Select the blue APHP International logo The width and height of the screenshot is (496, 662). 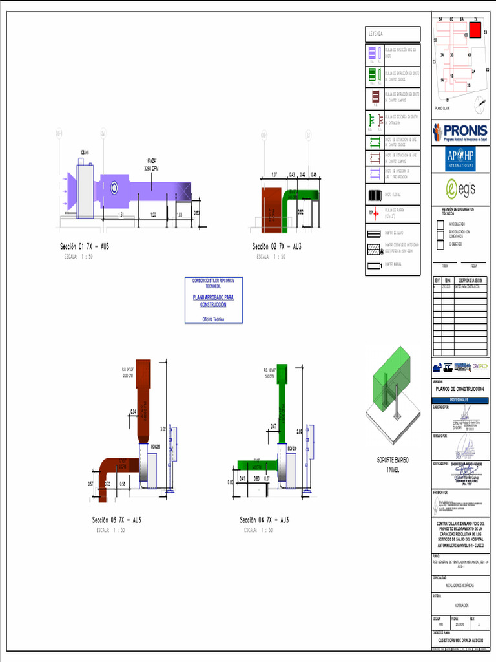click(x=460, y=159)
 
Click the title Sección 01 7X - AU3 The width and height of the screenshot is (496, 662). click(x=85, y=246)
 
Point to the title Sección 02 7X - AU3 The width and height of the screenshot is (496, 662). click(x=276, y=246)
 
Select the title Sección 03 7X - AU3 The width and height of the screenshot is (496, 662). click(x=116, y=520)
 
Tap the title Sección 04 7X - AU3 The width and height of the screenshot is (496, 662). click(x=264, y=520)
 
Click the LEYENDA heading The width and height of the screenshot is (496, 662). click(x=376, y=34)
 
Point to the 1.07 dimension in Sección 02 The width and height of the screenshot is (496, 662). click(x=274, y=175)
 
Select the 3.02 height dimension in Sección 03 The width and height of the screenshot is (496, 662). click(x=163, y=429)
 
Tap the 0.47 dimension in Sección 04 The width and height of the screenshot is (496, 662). click(x=273, y=426)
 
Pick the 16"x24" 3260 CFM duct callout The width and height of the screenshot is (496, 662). click(x=150, y=165)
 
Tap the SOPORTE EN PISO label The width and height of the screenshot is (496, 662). click(x=393, y=460)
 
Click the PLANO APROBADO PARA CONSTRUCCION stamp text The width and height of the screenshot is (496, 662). click(x=213, y=301)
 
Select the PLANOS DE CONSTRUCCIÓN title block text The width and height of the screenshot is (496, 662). click(x=459, y=389)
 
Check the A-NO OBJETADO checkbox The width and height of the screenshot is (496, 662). click(x=440, y=224)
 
